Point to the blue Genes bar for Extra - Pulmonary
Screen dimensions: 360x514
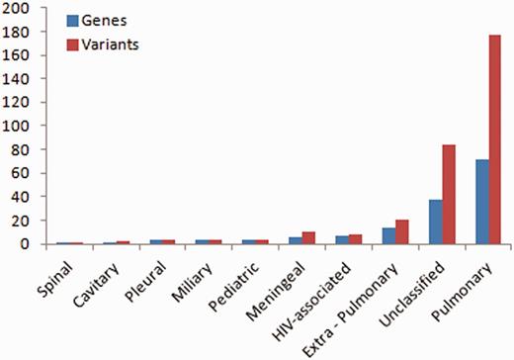click(388, 235)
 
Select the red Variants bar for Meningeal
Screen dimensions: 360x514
click(309, 237)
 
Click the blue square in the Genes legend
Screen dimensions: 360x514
click(72, 20)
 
